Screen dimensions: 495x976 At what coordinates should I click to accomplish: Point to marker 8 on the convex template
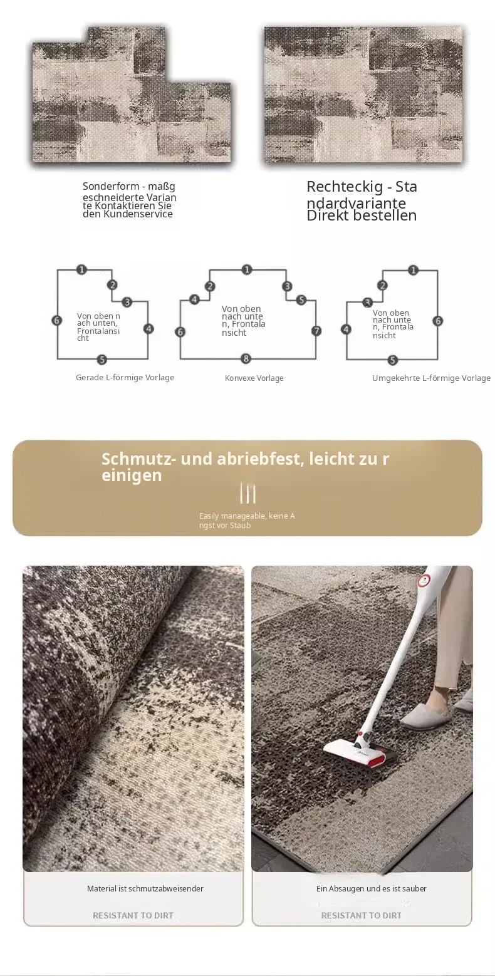(x=246, y=358)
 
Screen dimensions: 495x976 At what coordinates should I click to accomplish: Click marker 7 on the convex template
(x=316, y=331)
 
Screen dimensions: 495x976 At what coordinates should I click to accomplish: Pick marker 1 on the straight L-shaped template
(x=81, y=270)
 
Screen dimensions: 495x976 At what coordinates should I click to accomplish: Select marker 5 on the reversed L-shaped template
(x=392, y=360)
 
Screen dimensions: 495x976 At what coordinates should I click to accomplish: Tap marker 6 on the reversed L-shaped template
(x=438, y=321)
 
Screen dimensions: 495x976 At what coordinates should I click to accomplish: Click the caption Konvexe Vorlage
(x=254, y=378)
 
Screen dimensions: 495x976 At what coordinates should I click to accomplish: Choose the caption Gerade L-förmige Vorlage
(x=125, y=377)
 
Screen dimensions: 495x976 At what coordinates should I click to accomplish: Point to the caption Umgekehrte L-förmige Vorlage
(x=431, y=378)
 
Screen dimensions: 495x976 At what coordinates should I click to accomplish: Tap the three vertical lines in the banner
(x=247, y=494)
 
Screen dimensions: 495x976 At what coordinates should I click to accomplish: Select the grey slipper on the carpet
(x=425, y=718)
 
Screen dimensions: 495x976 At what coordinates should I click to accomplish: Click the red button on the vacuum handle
(x=422, y=580)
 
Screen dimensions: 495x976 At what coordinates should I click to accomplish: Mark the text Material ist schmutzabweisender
(x=145, y=888)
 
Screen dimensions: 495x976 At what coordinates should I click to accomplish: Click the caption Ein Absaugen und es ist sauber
(x=371, y=888)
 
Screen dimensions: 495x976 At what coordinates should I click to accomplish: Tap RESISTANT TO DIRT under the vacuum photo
(x=362, y=915)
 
